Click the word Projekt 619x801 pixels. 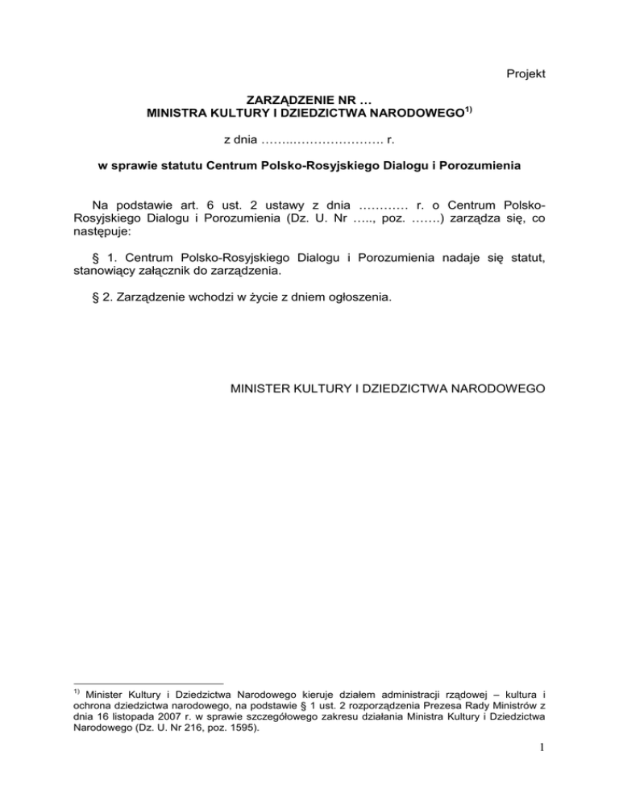point(524,74)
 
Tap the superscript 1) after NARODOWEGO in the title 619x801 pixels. point(467,110)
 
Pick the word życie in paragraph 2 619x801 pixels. point(235,297)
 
